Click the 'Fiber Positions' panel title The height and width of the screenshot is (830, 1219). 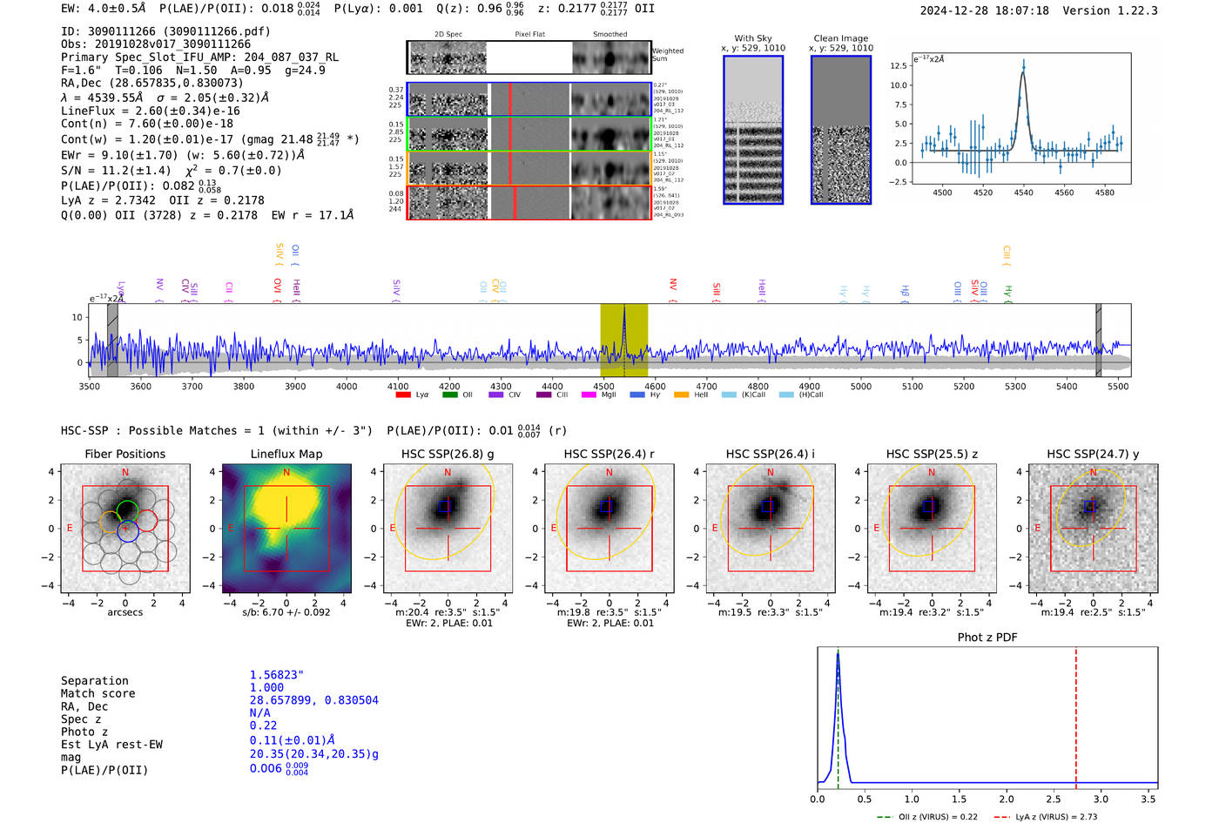(x=125, y=454)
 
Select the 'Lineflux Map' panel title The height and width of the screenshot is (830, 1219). (x=286, y=454)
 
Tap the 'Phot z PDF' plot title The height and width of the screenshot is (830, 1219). (x=987, y=638)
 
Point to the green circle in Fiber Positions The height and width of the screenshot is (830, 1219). (x=127, y=509)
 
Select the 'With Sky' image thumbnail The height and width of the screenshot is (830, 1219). (x=753, y=130)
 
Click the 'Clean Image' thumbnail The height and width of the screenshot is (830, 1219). (x=840, y=130)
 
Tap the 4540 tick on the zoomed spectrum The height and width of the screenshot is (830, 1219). (x=1023, y=192)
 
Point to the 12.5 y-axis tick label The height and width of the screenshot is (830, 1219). (x=898, y=66)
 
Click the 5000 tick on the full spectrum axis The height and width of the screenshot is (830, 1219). (x=860, y=386)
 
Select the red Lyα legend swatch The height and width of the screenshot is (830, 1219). (x=402, y=395)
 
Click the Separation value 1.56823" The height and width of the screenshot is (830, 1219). (x=276, y=675)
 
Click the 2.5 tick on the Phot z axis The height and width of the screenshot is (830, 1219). (x=1054, y=799)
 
